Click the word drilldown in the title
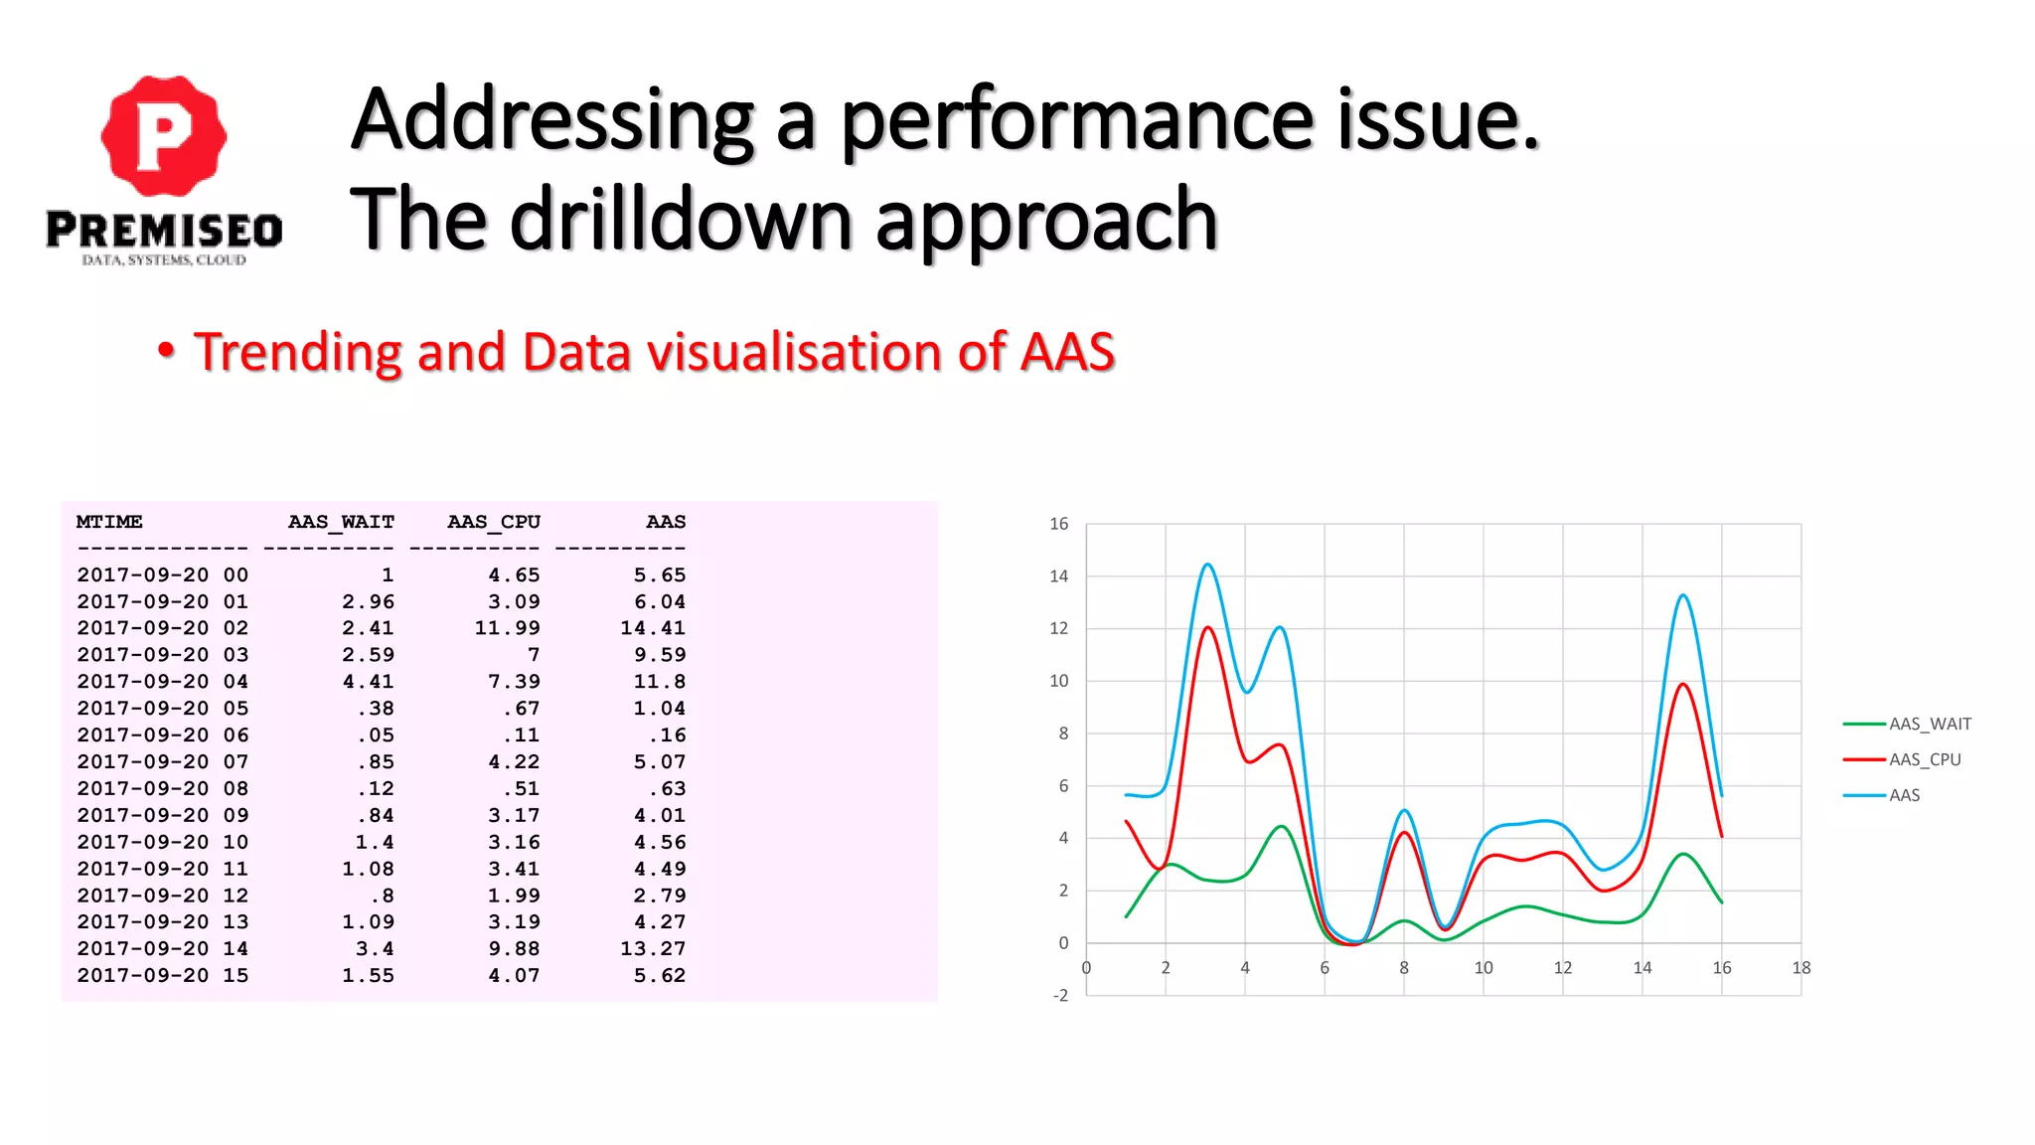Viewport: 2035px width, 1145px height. point(680,220)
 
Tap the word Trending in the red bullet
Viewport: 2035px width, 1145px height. point(299,352)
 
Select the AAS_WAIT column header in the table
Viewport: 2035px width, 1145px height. point(341,522)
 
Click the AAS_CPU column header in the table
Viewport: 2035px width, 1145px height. point(493,522)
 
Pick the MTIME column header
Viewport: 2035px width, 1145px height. point(109,522)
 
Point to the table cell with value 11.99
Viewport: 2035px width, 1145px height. point(507,628)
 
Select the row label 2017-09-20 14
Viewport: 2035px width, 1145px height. point(162,949)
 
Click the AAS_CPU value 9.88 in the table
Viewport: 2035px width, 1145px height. point(514,949)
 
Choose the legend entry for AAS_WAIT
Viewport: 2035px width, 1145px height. point(1929,724)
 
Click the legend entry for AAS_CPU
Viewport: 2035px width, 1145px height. point(1924,759)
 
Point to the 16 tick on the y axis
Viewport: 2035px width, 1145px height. point(1059,524)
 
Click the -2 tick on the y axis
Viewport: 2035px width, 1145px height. point(1060,995)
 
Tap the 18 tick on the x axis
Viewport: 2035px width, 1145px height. point(1800,968)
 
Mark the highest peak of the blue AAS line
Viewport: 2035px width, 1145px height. point(1207,565)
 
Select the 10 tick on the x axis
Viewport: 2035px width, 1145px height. point(1483,968)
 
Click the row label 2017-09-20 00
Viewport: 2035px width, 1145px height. point(162,575)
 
